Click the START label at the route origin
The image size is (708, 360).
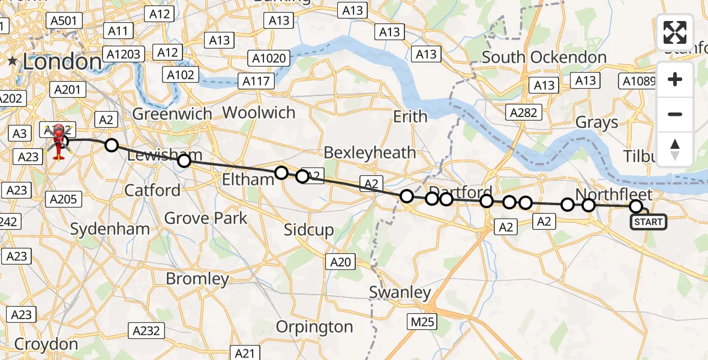(x=648, y=222)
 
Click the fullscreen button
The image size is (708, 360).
(x=675, y=32)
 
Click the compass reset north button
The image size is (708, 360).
(x=675, y=149)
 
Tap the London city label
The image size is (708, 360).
(x=62, y=61)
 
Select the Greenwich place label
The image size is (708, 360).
(x=172, y=113)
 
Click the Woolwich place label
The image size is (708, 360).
(x=259, y=112)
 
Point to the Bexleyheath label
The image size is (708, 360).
(x=370, y=152)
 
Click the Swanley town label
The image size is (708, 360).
(x=400, y=292)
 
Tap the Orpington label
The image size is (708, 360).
(x=314, y=327)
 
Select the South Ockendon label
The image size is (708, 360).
(x=544, y=58)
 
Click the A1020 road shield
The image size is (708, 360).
(x=269, y=59)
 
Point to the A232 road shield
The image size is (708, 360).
(x=145, y=330)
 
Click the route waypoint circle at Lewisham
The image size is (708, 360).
(x=184, y=160)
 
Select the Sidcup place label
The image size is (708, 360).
(x=308, y=230)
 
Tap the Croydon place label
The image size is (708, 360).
(x=46, y=344)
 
